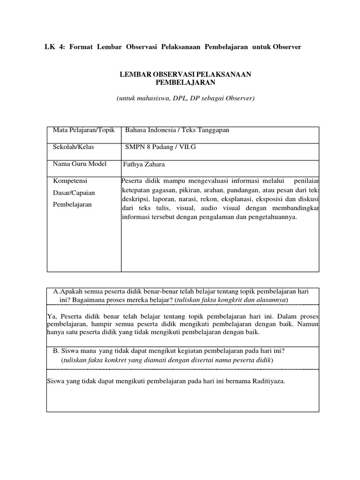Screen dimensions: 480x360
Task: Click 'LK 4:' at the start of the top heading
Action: [x=52, y=47]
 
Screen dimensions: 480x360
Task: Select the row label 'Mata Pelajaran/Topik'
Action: [x=84, y=130]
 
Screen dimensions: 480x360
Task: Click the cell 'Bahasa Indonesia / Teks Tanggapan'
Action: [x=177, y=130]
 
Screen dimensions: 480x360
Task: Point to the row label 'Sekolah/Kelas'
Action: [x=74, y=147]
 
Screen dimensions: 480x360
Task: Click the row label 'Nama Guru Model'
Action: [x=80, y=164]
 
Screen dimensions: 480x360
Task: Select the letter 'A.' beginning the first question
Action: [x=57, y=291]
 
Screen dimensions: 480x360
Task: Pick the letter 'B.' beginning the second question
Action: [x=56, y=351]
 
